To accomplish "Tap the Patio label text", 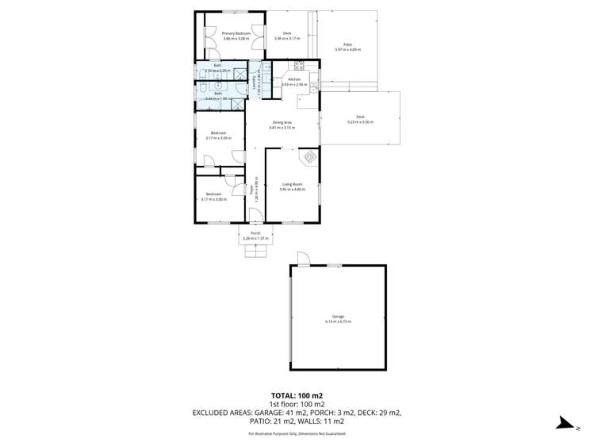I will [347, 44].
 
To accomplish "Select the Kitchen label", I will [294, 79].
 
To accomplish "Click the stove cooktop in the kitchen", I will [300, 66].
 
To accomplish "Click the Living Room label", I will [293, 184].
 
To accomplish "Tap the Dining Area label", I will [282, 122].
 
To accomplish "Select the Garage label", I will [338, 317].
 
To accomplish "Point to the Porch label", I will [255, 233].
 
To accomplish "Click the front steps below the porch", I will [255, 250].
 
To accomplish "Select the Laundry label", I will [254, 80].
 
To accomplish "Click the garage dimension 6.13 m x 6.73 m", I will [338, 321].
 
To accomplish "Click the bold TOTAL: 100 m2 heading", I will [297, 395].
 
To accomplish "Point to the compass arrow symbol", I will [564, 424].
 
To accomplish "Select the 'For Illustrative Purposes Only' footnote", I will [297, 433].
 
